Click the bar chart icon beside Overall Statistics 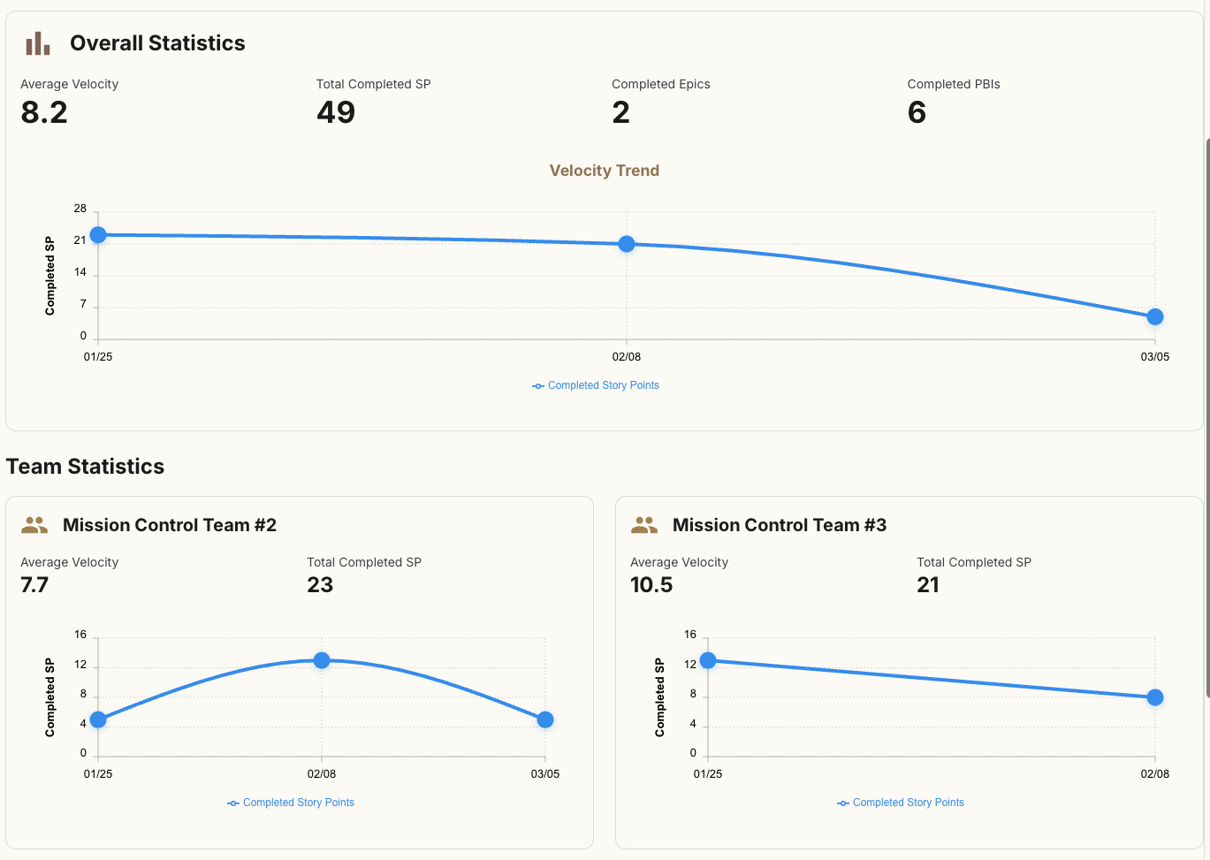pos(38,43)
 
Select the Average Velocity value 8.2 pos(44,112)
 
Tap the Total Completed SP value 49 pos(336,112)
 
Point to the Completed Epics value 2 pos(621,112)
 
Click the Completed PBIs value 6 pos(917,112)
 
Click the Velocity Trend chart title pos(605,171)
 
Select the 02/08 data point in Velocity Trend pos(627,244)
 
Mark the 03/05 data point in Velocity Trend pos(1155,316)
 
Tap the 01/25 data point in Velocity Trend pos(98,235)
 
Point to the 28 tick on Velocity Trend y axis pos(80,209)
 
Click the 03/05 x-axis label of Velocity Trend pos(1154,357)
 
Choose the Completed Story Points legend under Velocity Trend pos(596,385)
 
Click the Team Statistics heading pos(85,467)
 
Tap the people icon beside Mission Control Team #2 pos(34,525)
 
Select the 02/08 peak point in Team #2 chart pos(322,660)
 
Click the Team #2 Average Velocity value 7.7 pos(34,585)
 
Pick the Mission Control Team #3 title pos(779,525)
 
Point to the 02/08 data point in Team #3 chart pos(1155,697)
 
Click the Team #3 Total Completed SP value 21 pos(928,585)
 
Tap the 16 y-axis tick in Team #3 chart pos(690,635)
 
